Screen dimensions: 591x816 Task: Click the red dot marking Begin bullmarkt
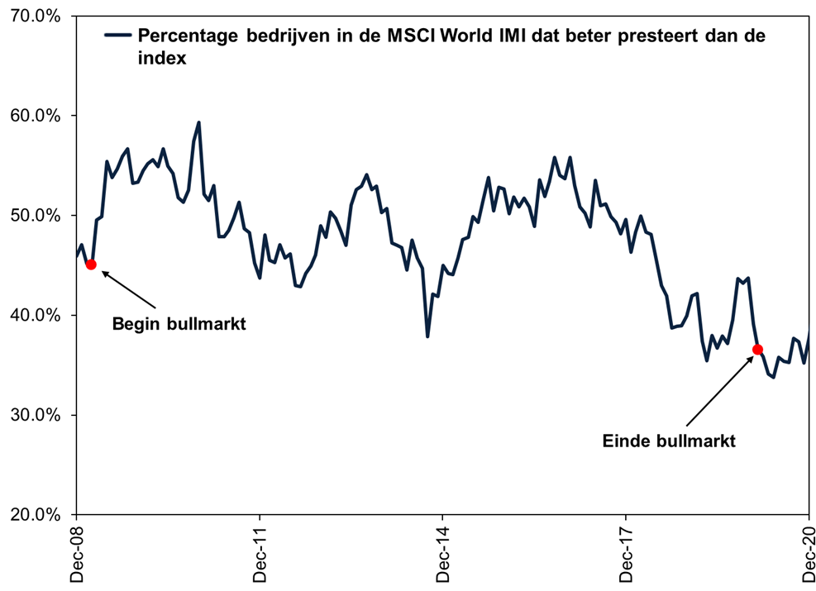pos(91,265)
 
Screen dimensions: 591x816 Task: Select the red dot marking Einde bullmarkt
pos(757,350)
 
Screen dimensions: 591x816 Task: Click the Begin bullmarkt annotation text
pos(179,324)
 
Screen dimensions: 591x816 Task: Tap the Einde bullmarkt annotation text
pos(669,441)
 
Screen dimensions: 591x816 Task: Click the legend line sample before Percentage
pos(117,36)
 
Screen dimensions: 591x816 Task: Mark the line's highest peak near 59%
pos(198,122)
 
